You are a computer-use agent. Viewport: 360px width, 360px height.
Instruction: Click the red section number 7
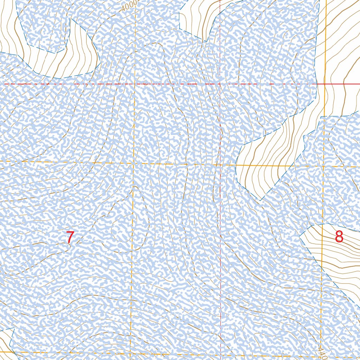pyautogui.click(x=70, y=238)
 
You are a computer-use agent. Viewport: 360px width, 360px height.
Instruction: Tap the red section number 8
pyautogui.click(x=339, y=237)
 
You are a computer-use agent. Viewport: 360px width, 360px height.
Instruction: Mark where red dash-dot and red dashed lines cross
pyautogui.click(x=220, y=84)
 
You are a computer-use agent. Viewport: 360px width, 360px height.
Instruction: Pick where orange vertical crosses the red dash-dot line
pyautogui.click(x=135, y=84)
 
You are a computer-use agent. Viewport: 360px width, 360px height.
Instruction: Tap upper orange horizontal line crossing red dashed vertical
pyautogui.click(x=220, y=165)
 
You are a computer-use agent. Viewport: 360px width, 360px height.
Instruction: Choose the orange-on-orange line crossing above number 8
pyautogui.click(x=323, y=166)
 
